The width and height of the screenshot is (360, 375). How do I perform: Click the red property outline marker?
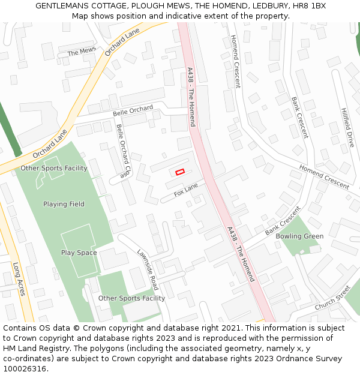coord(179,172)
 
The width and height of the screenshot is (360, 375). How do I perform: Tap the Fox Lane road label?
coord(186,191)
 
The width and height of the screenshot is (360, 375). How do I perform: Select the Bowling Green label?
coord(299,236)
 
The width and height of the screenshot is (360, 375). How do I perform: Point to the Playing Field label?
coord(64,204)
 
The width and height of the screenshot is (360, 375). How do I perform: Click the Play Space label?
coord(79,253)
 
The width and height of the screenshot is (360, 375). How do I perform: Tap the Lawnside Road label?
coord(148,269)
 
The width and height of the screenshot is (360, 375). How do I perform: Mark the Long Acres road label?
coord(19,279)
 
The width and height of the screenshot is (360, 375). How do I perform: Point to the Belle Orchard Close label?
coord(123,151)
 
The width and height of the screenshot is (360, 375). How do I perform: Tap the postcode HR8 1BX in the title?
coord(307,5)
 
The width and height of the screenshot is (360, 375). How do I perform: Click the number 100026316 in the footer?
coord(25,369)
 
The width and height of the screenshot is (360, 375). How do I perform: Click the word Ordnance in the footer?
coord(280,359)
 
